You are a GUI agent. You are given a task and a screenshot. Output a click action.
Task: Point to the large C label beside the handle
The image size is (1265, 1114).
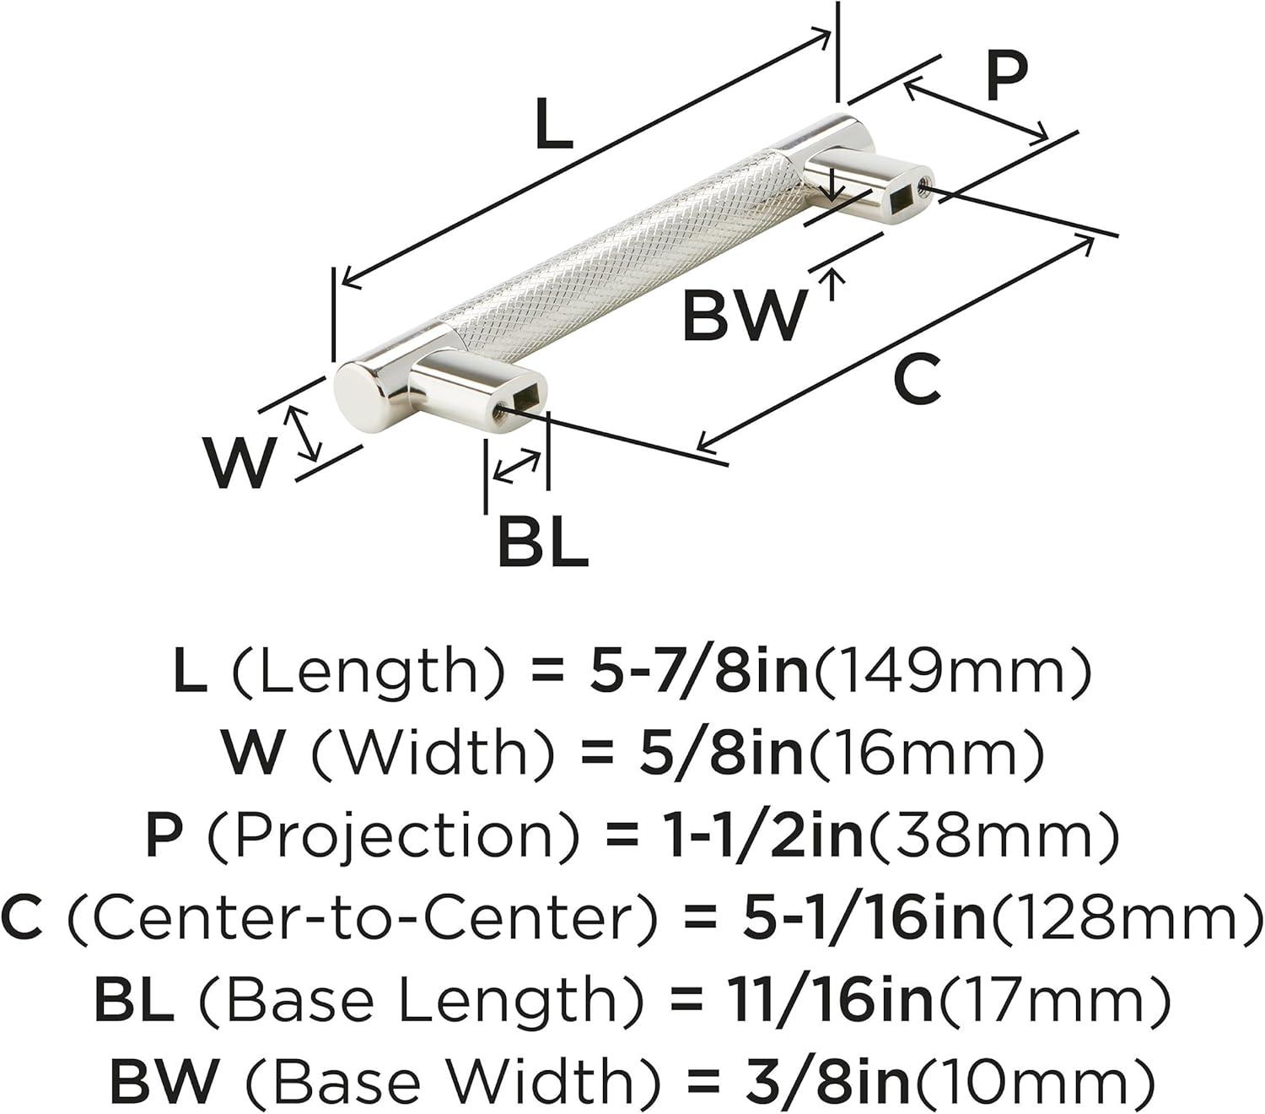[x=917, y=379]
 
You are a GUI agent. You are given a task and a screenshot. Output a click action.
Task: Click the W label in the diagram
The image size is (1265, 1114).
[x=240, y=463]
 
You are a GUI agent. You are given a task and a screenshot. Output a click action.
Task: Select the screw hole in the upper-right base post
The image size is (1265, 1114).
[x=924, y=185]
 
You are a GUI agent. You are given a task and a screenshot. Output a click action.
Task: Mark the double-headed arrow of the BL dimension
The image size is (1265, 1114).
[x=517, y=465]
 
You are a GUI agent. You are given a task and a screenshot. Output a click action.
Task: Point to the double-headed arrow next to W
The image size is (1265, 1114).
[x=304, y=433]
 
